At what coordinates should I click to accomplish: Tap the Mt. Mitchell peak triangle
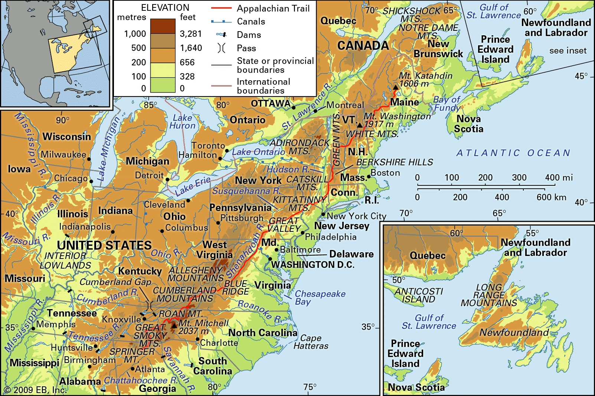tap(174, 326)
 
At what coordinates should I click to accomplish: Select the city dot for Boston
tap(369, 176)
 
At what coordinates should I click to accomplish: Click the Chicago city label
tap(71, 178)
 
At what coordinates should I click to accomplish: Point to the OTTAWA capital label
tap(271, 104)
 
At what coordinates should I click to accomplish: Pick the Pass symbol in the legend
tap(221, 48)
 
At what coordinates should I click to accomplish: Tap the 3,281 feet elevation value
tap(191, 34)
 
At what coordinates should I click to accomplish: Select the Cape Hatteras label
tap(311, 342)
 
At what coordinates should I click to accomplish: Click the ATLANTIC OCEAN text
tap(513, 153)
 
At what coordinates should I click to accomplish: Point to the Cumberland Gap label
tap(115, 282)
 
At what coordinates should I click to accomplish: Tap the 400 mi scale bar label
tap(559, 178)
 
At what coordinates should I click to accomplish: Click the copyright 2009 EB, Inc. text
tap(35, 390)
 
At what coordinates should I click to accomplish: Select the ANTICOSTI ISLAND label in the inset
tap(418, 295)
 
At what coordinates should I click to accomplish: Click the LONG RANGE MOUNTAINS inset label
tap(489, 295)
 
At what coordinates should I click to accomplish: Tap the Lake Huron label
tap(182, 121)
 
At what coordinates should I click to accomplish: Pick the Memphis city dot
tap(33, 328)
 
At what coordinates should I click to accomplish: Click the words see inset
tap(568, 51)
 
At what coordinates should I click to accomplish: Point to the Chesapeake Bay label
tap(320, 297)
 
